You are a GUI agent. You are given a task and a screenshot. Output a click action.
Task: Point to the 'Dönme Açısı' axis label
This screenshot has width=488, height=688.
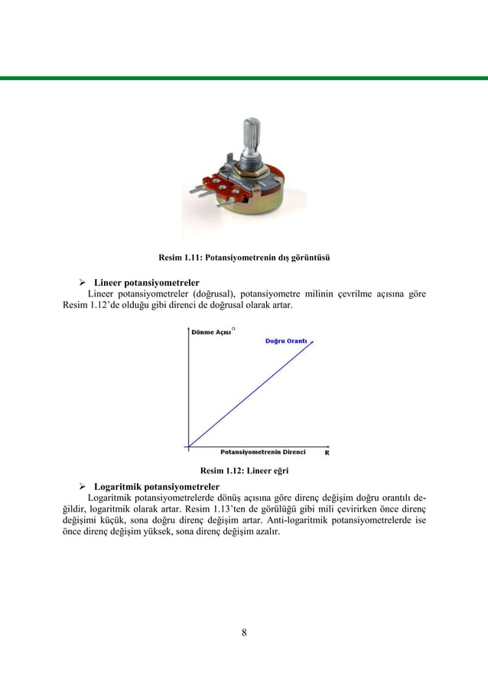click(x=212, y=332)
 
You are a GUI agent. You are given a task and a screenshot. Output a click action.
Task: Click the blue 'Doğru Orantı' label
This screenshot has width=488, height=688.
click(x=287, y=340)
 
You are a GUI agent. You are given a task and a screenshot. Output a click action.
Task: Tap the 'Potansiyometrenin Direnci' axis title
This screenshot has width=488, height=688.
click(x=263, y=452)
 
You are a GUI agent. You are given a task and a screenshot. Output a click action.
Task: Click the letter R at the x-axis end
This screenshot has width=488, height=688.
click(x=327, y=452)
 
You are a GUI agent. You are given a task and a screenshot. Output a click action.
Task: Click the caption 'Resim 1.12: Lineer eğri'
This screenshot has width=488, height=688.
click(x=243, y=470)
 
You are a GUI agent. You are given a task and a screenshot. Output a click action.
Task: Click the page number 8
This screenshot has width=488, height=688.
click(x=244, y=632)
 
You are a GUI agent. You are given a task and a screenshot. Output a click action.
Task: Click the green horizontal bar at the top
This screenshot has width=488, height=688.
click(x=244, y=78)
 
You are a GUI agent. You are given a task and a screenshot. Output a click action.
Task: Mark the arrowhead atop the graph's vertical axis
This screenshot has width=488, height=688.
click(x=188, y=329)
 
